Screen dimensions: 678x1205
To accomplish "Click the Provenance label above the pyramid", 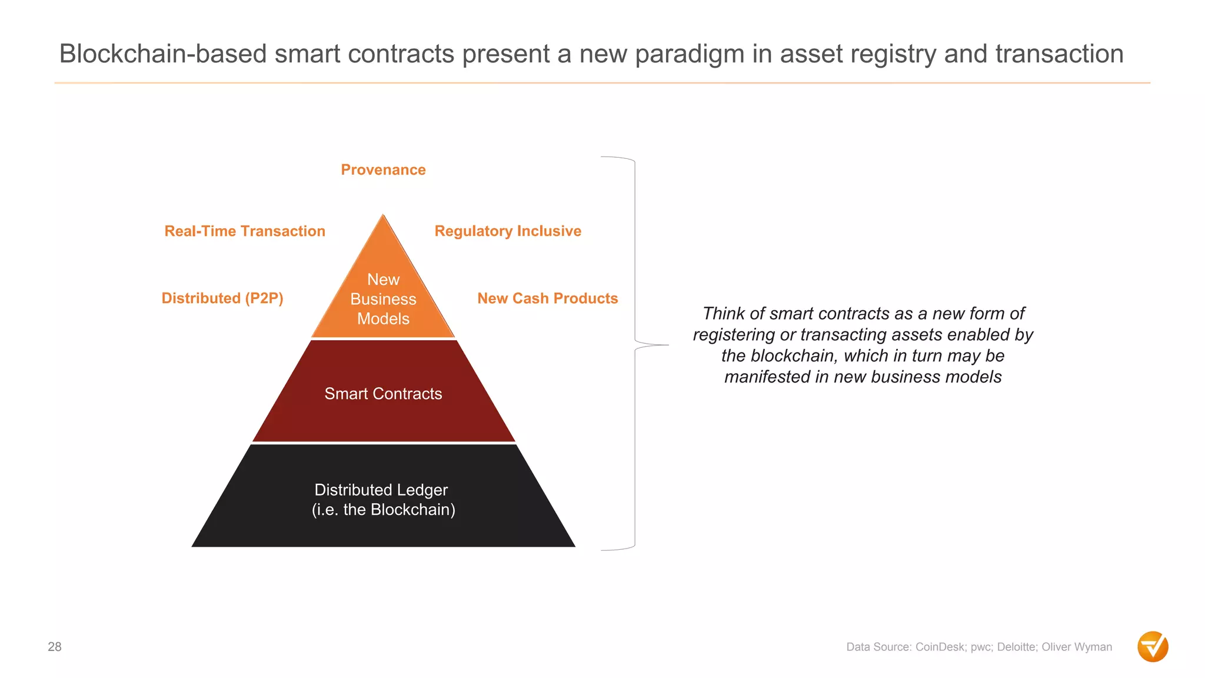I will (x=383, y=170).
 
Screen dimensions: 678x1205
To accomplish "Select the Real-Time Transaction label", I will (x=245, y=231).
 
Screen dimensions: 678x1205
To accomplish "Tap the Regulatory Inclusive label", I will (x=508, y=231).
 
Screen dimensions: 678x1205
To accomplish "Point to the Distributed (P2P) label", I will (x=222, y=298).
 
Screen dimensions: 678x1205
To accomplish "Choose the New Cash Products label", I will (x=547, y=298).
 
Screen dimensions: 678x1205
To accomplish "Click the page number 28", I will (x=55, y=647).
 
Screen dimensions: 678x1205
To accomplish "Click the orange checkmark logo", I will (x=1153, y=647).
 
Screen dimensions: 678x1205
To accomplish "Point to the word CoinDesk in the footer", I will (x=940, y=647).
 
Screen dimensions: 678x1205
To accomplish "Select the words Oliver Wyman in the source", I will (x=1077, y=647).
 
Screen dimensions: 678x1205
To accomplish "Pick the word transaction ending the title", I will (x=1059, y=54).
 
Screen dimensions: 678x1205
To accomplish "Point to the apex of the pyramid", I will (x=383, y=216).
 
